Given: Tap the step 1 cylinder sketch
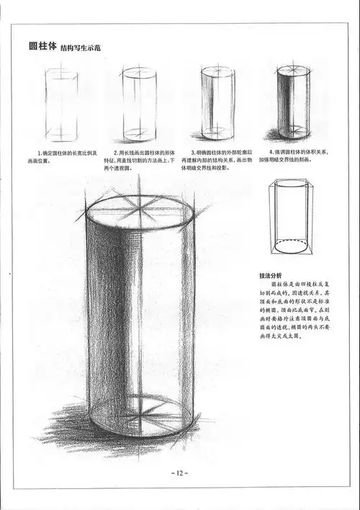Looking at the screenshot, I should [61, 104].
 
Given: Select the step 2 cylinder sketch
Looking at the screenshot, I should [139, 104].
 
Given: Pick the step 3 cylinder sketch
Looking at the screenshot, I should [217, 102].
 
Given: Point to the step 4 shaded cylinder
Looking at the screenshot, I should [293, 102].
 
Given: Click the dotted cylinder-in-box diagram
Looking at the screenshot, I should [292, 218].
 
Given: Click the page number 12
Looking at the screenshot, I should [179, 473].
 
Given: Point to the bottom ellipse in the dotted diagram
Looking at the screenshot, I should [294, 244].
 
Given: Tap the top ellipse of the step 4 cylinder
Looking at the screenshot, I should [293, 71].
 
